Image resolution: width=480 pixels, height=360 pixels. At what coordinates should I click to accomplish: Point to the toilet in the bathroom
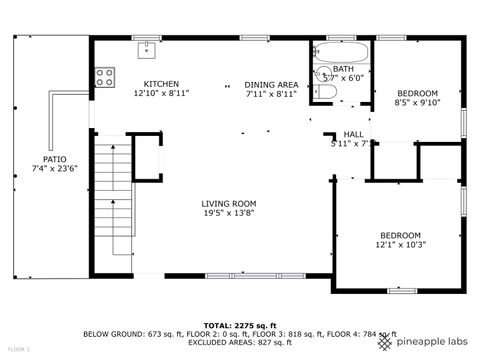tap(324, 94)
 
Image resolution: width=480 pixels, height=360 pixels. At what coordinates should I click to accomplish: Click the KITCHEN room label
tap(161, 84)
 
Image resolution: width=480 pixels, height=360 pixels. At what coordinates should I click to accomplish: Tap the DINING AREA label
tap(271, 84)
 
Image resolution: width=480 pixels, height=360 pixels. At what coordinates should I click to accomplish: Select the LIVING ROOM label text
tap(229, 203)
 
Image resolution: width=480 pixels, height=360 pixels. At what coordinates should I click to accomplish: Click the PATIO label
tap(54, 159)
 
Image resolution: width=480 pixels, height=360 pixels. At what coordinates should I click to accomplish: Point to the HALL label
tap(354, 134)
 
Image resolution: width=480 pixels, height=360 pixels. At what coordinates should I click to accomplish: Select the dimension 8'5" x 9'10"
tap(417, 102)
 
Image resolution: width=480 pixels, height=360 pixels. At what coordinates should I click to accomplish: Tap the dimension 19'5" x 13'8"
tap(229, 213)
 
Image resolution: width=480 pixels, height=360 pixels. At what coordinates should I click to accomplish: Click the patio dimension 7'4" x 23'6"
tap(54, 169)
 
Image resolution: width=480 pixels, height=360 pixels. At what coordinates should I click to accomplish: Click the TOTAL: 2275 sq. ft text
tap(239, 326)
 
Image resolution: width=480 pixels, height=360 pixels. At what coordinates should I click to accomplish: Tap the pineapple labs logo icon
tap(385, 342)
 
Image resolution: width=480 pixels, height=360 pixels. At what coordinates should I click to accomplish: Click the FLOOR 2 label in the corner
tap(19, 350)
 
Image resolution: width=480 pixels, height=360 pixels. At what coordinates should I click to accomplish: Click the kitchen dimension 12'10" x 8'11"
tap(161, 93)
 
